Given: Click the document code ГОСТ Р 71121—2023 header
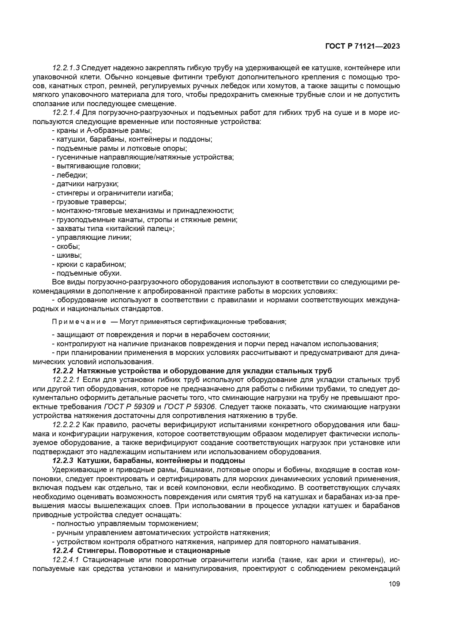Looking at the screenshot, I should click(362, 46).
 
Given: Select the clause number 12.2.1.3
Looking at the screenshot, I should click(66, 68).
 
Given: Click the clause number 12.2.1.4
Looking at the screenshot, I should click(66, 112).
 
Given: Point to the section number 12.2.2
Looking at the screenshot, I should click(63, 371).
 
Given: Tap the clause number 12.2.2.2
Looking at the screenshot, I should click(66, 425).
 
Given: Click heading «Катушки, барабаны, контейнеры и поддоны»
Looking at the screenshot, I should click(161, 460).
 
